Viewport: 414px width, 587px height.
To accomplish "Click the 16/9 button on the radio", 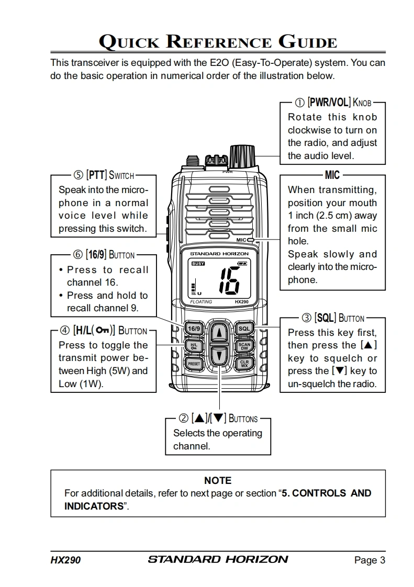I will pos(194,329).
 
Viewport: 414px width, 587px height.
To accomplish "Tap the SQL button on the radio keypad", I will pos(244,329).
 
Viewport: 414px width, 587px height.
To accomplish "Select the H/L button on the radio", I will pos(194,346).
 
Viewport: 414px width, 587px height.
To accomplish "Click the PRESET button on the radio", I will pos(194,363).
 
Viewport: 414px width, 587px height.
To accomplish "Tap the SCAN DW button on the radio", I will pos(244,346).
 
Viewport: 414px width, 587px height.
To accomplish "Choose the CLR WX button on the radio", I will pos(244,363).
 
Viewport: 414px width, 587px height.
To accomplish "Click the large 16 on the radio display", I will pos(229,280).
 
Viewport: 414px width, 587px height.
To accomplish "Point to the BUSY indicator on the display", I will pos(198,264).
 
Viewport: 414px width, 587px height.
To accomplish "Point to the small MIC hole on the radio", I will pos(251,240).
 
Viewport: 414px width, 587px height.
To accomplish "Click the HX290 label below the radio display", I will pos(241,302).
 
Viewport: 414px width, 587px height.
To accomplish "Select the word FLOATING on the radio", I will pos(201,302).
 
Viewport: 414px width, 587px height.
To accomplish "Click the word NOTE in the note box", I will pos(218,480).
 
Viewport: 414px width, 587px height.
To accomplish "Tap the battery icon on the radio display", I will pos(243,264).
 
